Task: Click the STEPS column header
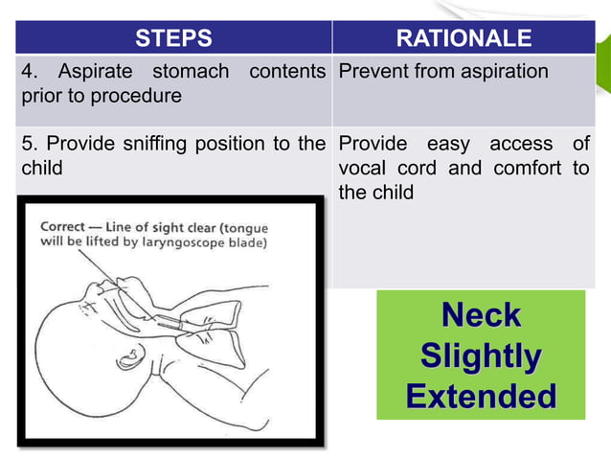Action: tap(173, 38)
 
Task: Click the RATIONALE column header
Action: tap(464, 38)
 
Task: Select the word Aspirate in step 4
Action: tap(97, 71)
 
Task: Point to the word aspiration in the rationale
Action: tap(502, 71)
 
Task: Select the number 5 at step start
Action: tap(27, 144)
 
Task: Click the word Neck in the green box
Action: tap(480, 314)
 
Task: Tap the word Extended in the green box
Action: tap(480, 396)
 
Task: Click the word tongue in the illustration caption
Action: tap(244, 227)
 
